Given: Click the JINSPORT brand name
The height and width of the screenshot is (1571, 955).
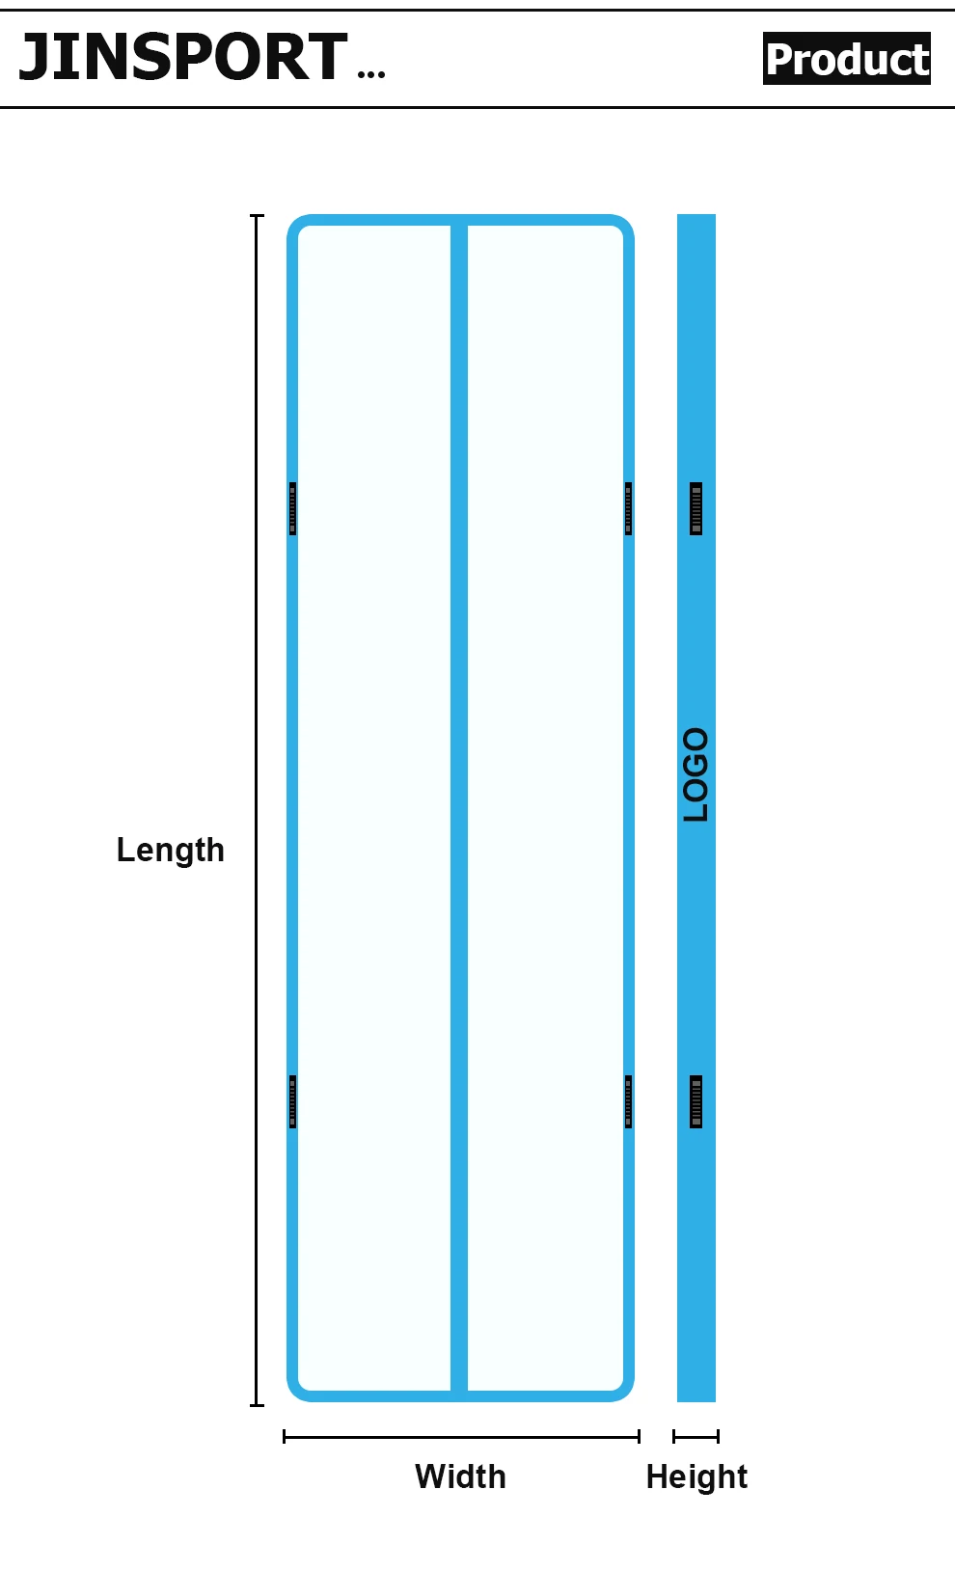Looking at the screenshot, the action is click(183, 57).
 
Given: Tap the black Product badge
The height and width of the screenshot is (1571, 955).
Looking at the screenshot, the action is click(847, 59).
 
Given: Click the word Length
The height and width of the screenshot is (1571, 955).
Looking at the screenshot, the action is click(171, 850).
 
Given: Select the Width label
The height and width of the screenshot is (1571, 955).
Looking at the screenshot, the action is click(460, 1476).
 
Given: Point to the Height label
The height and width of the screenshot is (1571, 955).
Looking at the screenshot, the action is click(696, 1476).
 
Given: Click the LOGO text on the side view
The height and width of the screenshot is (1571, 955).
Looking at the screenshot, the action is click(696, 774).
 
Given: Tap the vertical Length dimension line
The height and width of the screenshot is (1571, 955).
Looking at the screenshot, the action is click(258, 810).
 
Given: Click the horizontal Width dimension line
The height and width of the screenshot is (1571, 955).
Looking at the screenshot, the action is click(461, 1437).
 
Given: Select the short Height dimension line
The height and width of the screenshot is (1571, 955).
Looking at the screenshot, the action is click(696, 1437).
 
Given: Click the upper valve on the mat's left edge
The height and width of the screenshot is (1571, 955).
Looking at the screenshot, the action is click(292, 508).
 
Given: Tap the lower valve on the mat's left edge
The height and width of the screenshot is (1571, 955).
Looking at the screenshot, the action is click(292, 1101).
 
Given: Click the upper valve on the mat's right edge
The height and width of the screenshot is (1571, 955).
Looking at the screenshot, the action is click(628, 508).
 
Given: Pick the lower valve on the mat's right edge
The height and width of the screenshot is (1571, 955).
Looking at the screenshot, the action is click(628, 1101).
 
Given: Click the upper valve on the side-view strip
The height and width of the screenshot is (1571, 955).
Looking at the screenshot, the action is click(696, 508).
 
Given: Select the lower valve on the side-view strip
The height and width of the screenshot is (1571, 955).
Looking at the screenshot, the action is click(696, 1101).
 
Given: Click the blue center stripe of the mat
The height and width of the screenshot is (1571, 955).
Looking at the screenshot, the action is click(459, 810).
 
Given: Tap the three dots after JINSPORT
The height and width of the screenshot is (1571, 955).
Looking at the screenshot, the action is click(371, 73).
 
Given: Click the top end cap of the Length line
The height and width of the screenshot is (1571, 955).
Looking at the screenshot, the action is click(258, 216).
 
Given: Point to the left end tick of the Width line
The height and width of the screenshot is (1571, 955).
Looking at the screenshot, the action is click(285, 1437).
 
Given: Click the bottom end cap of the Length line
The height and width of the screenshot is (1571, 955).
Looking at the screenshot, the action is click(258, 1405).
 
